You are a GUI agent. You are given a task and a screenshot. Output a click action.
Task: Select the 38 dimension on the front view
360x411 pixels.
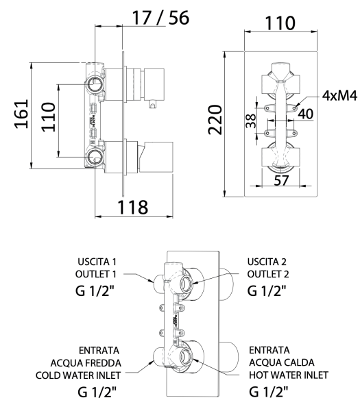tap(252, 121)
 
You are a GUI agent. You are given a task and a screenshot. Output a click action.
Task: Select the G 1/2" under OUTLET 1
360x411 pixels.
tap(102, 290)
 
